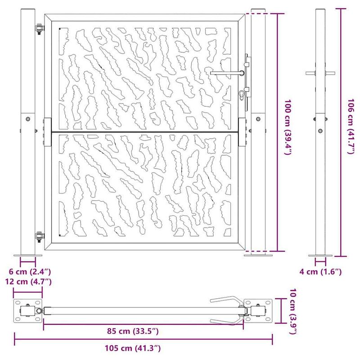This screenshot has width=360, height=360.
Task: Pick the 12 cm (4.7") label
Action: point(28,282)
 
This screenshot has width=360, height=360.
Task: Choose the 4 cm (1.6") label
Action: point(320,272)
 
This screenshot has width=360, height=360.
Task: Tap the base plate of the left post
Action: point(28,255)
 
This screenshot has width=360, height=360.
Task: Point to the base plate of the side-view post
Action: point(320,255)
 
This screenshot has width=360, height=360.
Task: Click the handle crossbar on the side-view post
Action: point(320,73)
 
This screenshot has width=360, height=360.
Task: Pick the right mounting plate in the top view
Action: point(258,310)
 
